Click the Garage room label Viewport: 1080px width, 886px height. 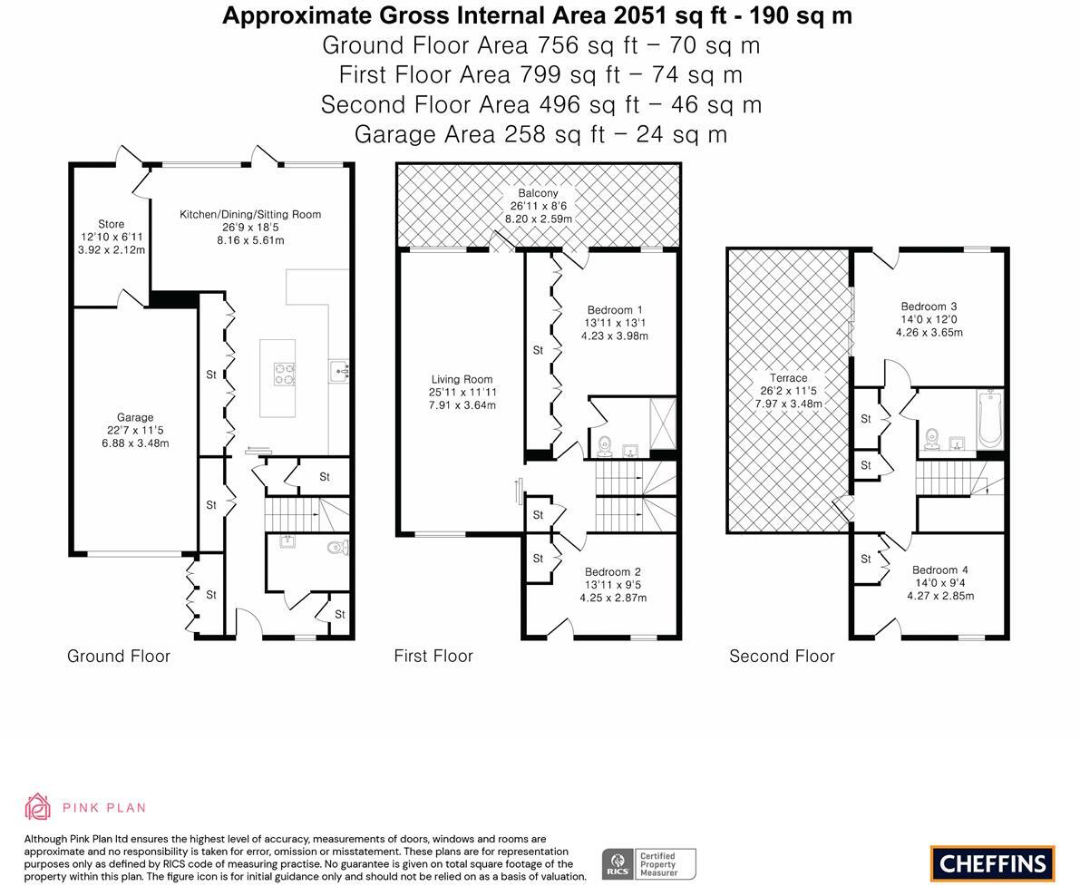pos(135,417)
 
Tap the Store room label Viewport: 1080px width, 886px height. pos(111,224)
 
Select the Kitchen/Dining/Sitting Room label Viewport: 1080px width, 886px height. pos(250,214)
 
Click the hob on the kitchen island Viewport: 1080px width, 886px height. pos(285,374)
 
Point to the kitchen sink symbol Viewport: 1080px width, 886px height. pos(339,371)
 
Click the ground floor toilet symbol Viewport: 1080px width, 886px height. pos(337,548)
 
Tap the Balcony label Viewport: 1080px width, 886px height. pos(538,193)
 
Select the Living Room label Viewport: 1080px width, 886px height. pos(462,379)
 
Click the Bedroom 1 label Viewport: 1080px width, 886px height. pos(615,310)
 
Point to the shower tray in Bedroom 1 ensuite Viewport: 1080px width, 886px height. pos(664,423)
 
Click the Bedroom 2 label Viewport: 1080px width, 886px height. pos(613,572)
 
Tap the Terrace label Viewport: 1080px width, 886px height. pos(789,378)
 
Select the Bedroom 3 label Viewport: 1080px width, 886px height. pos(929,307)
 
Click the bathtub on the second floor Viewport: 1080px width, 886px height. pos(989,418)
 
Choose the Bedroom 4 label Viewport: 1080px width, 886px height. pos(940,570)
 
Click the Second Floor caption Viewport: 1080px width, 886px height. pos(782,656)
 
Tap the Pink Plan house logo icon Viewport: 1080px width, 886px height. pos(37,807)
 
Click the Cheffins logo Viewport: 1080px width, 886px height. pos(993,863)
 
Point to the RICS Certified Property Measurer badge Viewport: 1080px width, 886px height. pos(649,864)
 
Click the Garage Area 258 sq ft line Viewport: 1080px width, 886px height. pos(540,134)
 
